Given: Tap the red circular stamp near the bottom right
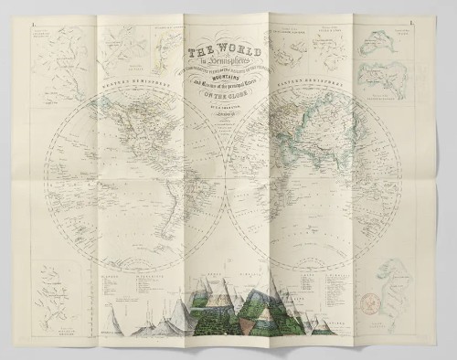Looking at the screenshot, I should [x=399, y=302].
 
